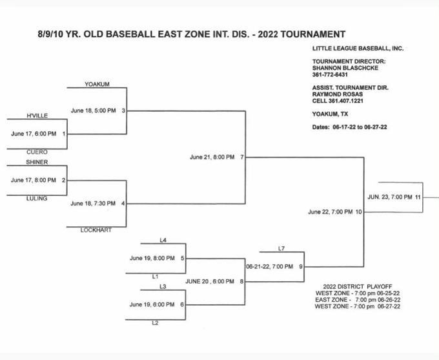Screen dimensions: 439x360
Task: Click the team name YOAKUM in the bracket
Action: tap(97, 84)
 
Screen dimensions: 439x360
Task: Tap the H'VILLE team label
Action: tap(37, 116)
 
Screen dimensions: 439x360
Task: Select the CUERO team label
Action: tap(37, 152)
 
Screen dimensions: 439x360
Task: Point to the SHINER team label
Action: tap(37, 162)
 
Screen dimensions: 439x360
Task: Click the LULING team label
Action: tap(37, 198)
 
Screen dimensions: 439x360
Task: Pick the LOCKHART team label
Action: tap(96, 230)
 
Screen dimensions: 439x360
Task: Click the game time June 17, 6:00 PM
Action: tap(34, 134)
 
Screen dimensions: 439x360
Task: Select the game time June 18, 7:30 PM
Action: tap(93, 204)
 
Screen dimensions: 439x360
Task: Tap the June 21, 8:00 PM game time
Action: tap(212, 157)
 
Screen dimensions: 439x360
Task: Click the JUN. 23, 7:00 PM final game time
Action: tap(390, 197)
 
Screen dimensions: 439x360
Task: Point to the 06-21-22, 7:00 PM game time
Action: tap(270, 266)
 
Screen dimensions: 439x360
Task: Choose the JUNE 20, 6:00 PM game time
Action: tap(210, 281)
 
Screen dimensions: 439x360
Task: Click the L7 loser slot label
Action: tap(281, 248)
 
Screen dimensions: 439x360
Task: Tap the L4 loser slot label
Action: tap(163, 240)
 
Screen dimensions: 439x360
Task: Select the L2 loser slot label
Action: tap(155, 323)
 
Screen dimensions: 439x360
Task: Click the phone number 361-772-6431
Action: tap(330, 75)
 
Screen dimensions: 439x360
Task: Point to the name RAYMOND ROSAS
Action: tap(338, 94)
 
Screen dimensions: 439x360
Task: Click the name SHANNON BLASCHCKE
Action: tap(345, 68)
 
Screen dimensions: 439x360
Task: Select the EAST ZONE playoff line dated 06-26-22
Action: tap(358, 300)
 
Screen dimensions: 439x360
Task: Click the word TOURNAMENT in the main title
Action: tap(313, 34)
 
